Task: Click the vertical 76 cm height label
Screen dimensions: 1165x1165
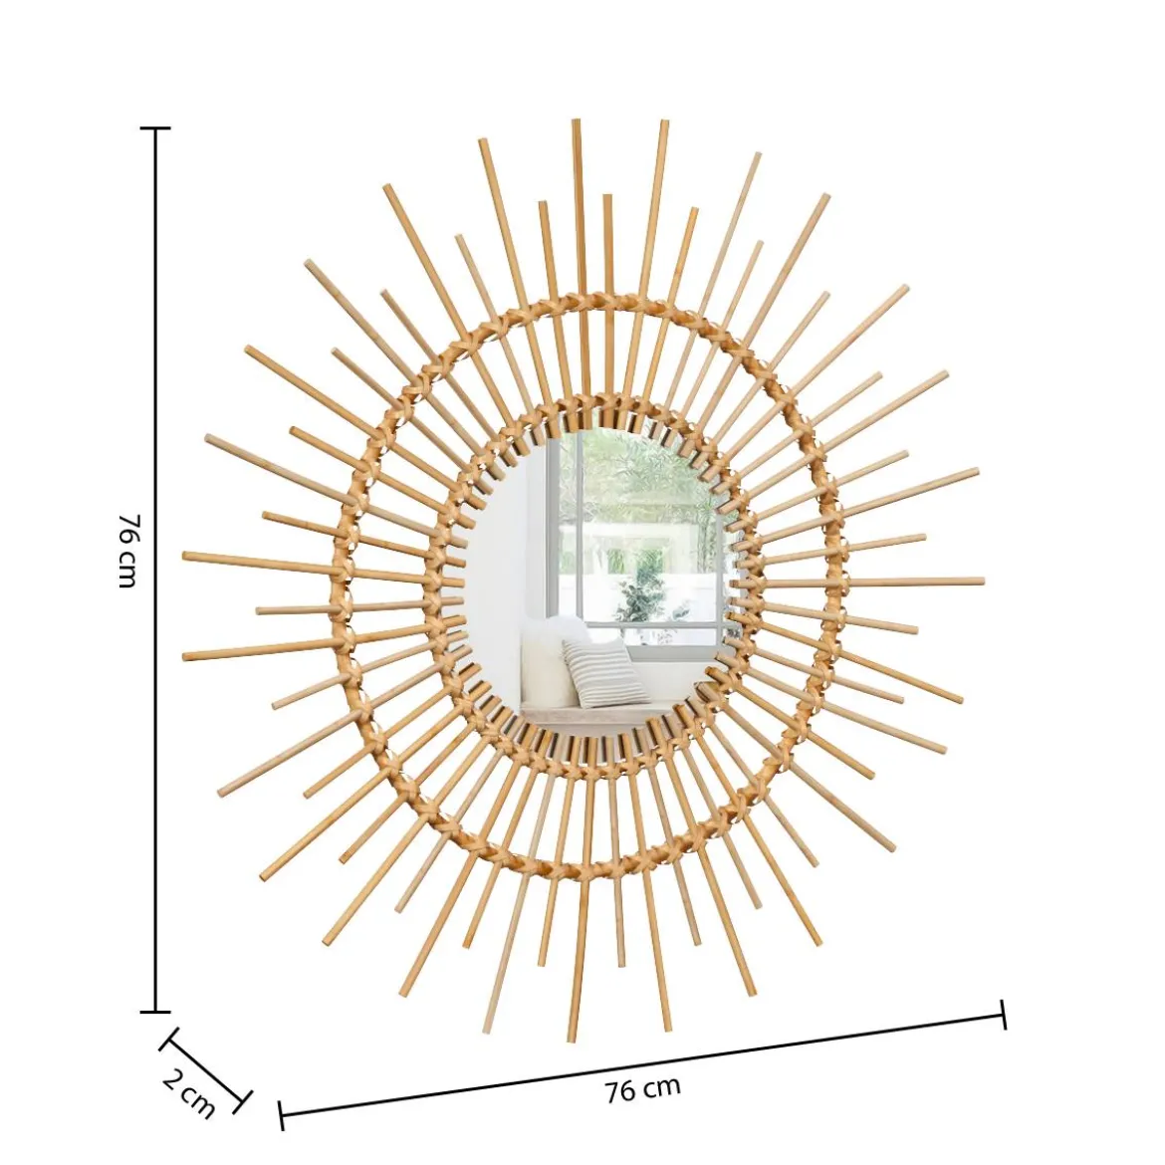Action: pos(127,550)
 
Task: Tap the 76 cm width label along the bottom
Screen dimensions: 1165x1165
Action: pos(642,1090)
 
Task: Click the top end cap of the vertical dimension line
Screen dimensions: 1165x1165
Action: pos(155,127)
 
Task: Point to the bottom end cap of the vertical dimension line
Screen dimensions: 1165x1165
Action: pos(155,1012)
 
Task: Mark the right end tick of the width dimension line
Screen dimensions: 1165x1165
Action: pos(1004,1015)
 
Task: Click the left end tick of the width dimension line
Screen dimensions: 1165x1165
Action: pos(281,1115)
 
